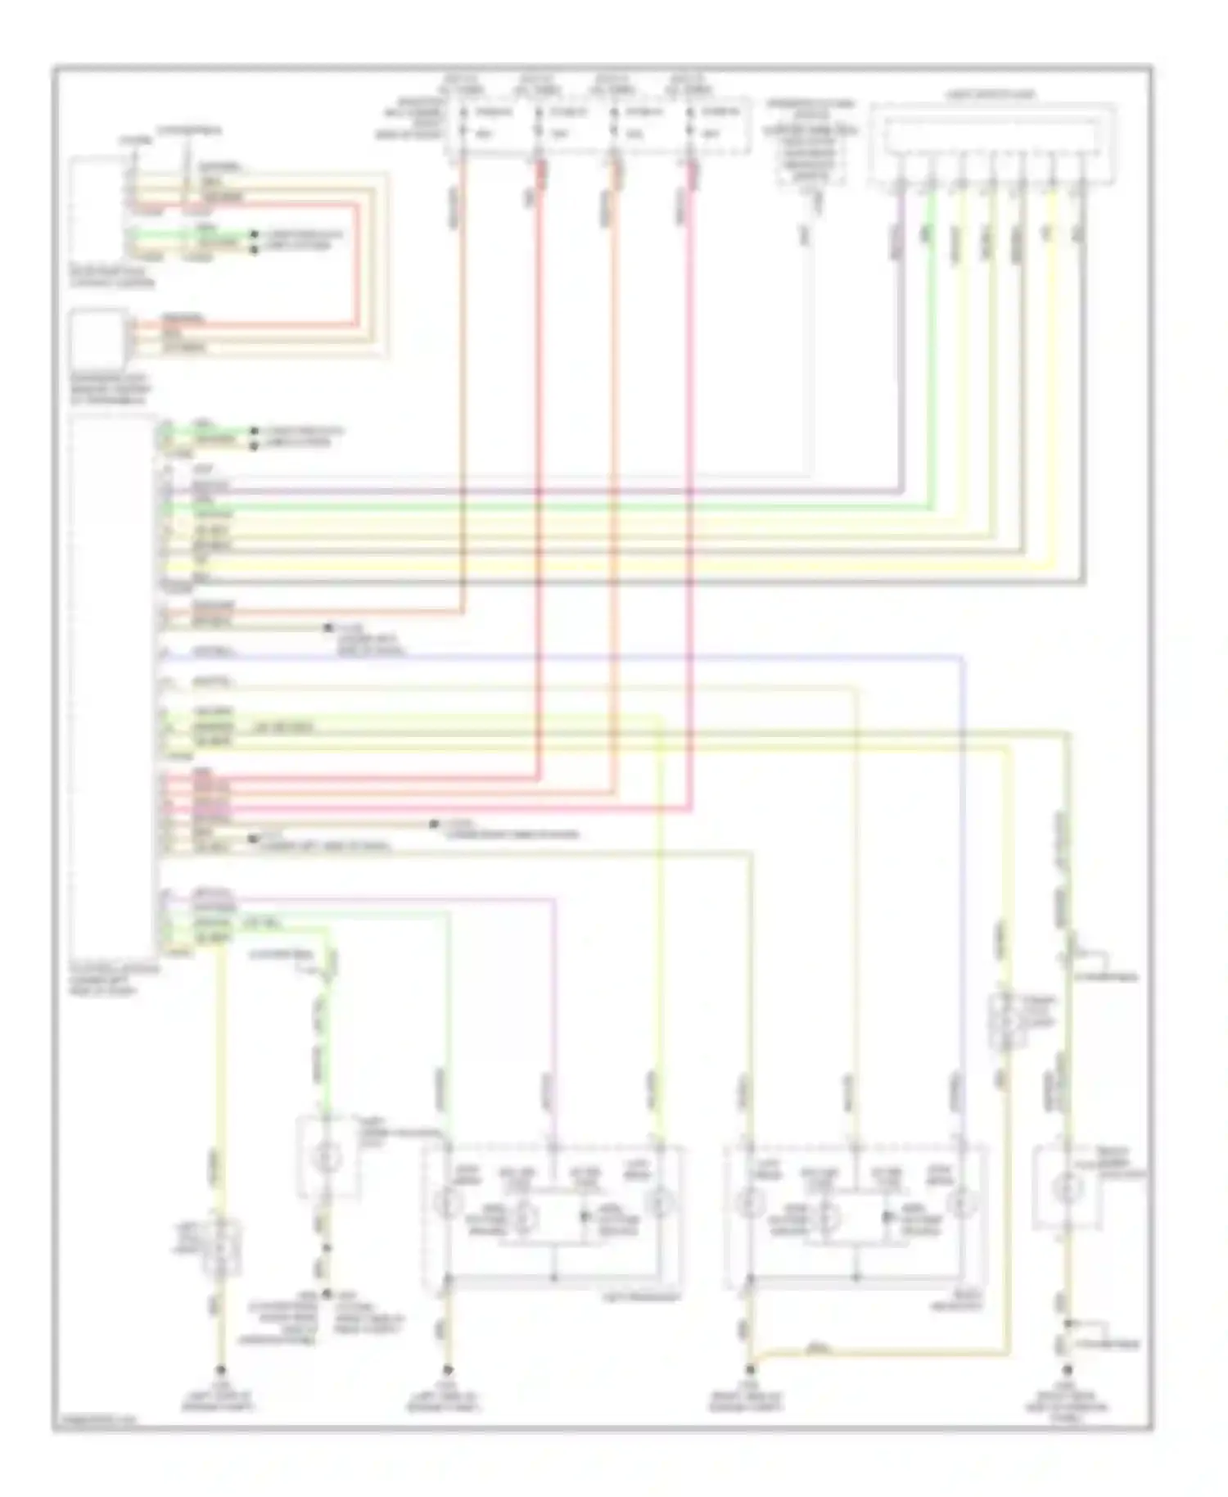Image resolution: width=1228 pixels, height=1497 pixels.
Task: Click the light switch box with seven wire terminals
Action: (992, 142)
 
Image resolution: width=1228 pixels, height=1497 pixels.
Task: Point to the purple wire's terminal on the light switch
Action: (901, 183)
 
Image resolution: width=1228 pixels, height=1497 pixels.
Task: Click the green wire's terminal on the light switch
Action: (932, 183)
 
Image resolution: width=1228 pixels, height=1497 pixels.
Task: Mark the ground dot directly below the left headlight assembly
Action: (448, 1369)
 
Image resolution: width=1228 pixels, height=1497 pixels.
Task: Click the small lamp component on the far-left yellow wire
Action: (219, 1249)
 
